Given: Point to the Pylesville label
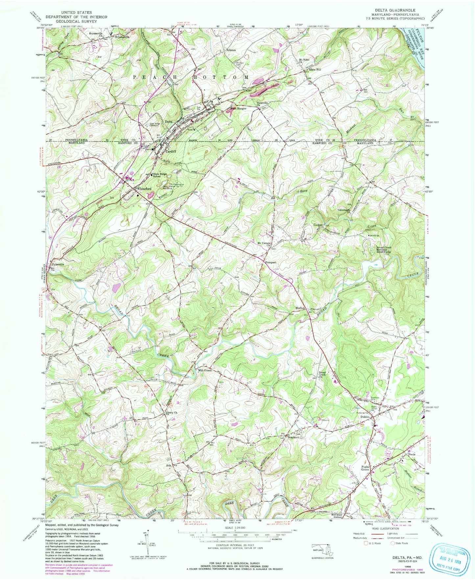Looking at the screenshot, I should tap(57, 264).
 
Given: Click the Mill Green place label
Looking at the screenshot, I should tap(204, 370).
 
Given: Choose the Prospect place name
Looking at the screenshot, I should tap(270, 263).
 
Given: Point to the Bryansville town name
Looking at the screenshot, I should tap(122, 37).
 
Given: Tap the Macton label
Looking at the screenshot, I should tap(300, 308).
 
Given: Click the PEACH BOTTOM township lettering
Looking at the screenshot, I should tap(191, 77).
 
